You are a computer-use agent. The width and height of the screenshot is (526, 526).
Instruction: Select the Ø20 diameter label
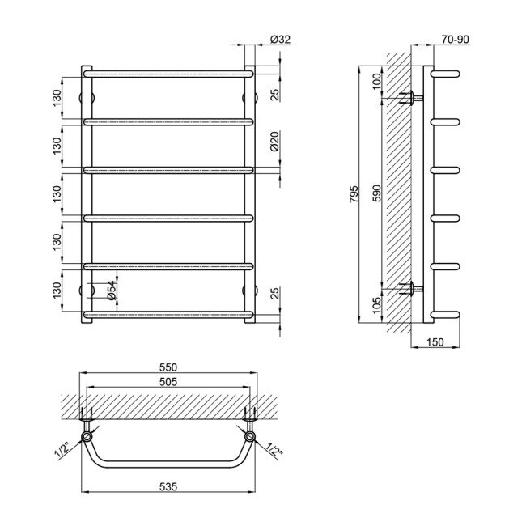click(x=275, y=145)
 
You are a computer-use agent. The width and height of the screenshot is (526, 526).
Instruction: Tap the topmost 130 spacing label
click(x=56, y=97)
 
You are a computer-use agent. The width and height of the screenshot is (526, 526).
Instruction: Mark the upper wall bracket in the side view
click(x=414, y=98)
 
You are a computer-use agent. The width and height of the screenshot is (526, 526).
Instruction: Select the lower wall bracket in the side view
click(x=414, y=287)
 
